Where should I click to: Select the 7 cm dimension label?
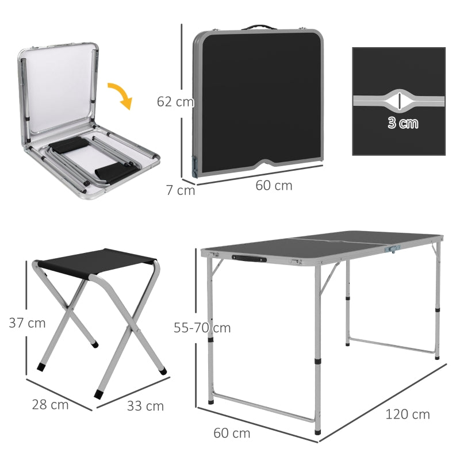click(x=181, y=189)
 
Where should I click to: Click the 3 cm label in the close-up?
click(x=402, y=122)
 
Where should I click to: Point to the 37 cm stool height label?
click(x=27, y=323)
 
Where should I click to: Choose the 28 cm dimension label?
click(x=50, y=404)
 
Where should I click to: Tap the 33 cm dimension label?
click(x=145, y=406)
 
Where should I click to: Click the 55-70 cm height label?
click(x=202, y=328)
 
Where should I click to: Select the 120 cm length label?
click(x=407, y=414)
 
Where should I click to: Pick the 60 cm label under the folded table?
click(x=274, y=185)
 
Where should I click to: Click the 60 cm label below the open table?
click(x=232, y=433)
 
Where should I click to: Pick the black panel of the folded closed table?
click(x=257, y=98)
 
